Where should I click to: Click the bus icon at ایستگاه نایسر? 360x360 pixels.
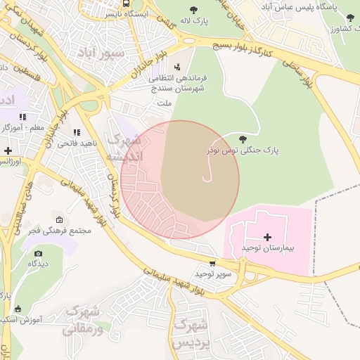pos(126,4)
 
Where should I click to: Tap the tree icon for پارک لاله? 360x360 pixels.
pos(193,10)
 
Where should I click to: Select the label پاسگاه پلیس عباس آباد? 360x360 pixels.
pos(305,6)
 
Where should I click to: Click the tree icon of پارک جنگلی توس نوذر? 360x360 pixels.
pos(243,139)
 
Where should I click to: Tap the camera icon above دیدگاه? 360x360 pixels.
pos(38,253)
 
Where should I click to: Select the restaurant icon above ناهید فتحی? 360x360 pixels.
pos(77,131)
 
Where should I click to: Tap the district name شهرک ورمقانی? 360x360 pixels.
pos(84,320)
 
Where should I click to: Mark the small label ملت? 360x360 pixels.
pos(165,103)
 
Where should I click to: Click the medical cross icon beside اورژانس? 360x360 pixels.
pos(8,150)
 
